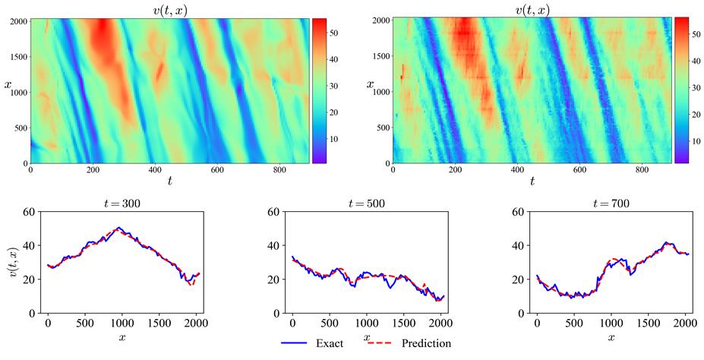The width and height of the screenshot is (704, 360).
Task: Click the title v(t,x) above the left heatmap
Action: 169,9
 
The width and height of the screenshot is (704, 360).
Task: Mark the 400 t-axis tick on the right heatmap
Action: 518,171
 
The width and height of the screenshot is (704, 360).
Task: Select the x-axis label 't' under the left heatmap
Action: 169,181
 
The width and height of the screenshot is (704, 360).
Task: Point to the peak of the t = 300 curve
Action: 118,227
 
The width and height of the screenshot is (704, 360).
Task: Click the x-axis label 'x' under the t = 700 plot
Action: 612,335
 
